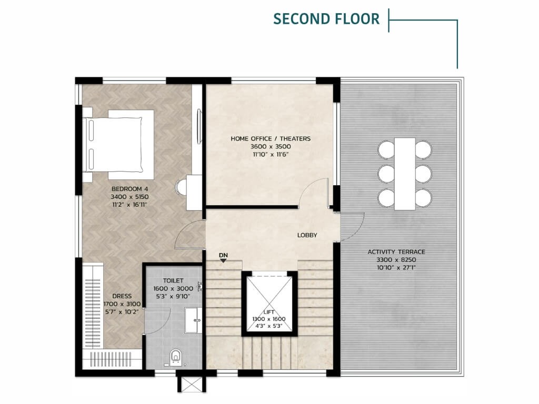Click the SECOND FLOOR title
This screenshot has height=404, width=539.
click(x=326, y=19)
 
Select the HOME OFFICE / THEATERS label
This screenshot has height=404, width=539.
click(x=271, y=139)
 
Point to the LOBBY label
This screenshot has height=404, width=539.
click(x=307, y=235)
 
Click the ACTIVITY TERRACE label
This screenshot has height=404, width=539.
click(x=396, y=252)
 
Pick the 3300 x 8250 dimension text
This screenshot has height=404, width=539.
click(x=396, y=260)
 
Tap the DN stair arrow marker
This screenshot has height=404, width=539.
click(x=223, y=260)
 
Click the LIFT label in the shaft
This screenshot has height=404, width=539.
click(x=269, y=312)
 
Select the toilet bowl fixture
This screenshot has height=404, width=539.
click(x=176, y=358)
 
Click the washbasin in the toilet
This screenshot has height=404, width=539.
click(x=194, y=320)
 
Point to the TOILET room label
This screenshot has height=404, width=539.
click(x=173, y=281)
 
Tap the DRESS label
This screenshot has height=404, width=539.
click(x=122, y=296)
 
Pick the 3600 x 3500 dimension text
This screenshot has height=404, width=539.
click(x=271, y=147)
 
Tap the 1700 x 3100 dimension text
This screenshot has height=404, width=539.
click(x=122, y=304)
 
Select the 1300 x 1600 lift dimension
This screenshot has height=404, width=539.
click(x=269, y=319)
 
